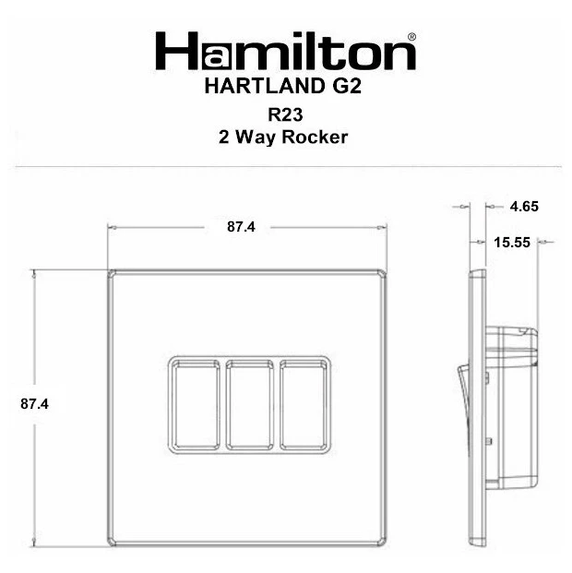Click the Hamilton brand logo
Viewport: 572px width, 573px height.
point(285,51)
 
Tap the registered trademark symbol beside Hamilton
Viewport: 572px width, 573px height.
point(411,37)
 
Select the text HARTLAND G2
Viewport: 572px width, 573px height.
point(283,86)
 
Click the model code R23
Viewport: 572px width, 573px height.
point(285,114)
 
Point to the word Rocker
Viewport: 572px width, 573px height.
point(315,137)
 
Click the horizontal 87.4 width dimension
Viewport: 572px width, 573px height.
point(241,227)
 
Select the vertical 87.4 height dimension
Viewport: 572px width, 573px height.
point(34,404)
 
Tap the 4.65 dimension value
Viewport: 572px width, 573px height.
point(524,207)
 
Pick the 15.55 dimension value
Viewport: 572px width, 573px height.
point(512,243)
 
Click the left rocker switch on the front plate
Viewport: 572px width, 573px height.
point(196,405)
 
